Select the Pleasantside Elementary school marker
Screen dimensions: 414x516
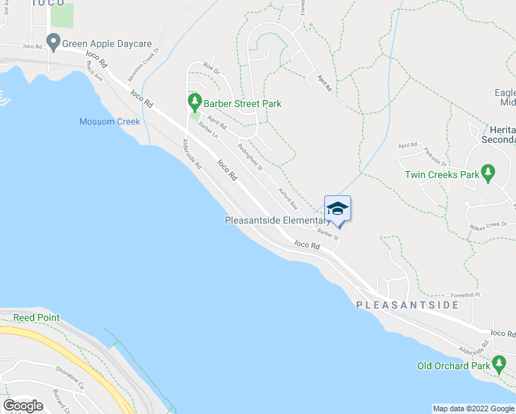(x=337, y=209)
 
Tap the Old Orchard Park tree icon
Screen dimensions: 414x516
(x=498, y=365)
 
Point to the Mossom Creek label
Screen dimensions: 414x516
(x=109, y=122)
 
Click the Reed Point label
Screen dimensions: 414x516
(x=36, y=318)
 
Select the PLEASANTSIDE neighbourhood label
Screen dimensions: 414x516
(x=407, y=304)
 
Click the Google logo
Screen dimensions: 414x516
(x=23, y=406)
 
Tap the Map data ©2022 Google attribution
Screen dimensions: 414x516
(x=473, y=408)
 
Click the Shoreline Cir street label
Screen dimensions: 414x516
(x=72, y=377)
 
